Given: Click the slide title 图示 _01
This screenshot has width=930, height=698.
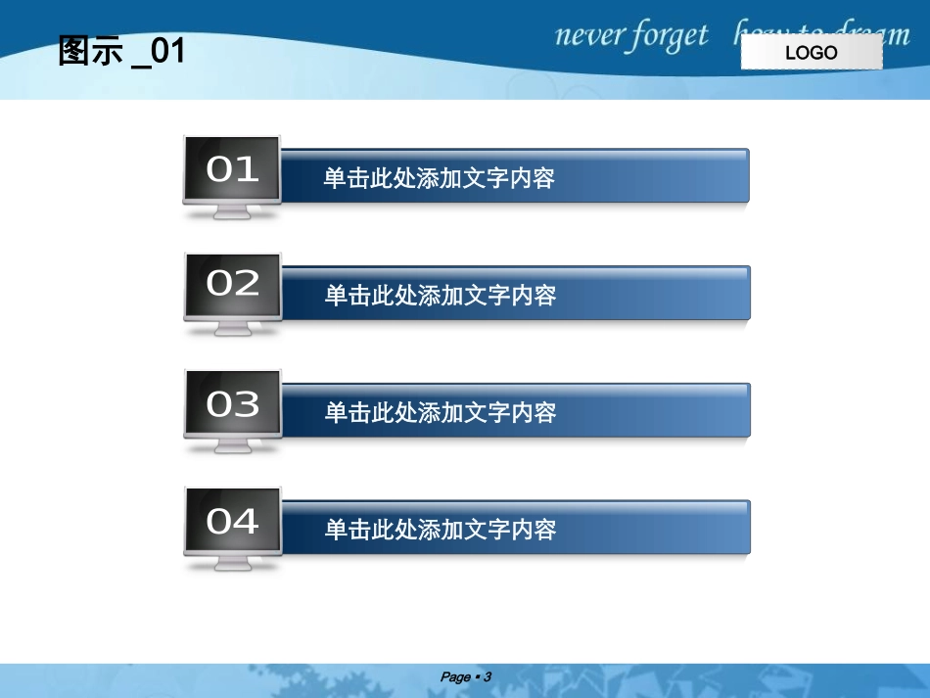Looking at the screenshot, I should (121, 51).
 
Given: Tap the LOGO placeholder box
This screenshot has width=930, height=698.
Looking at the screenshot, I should (812, 53).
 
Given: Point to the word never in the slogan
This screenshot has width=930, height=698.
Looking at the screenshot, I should (590, 36).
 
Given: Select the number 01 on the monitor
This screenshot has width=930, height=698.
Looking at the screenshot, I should (232, 169).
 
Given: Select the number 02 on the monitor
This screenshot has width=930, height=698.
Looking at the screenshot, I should (233, 283).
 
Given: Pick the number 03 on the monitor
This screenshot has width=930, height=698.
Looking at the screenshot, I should (233, 403).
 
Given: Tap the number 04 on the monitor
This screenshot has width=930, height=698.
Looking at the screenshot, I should (233, 521).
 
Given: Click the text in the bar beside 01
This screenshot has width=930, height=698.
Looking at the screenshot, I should (440, 178).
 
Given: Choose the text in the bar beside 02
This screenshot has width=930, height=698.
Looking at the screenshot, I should (440, 296).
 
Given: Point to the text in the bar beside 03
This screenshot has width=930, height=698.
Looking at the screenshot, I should (440, 412).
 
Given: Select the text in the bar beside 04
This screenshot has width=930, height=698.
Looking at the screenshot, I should (440, 530).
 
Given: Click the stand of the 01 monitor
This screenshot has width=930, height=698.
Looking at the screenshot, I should (232, 211).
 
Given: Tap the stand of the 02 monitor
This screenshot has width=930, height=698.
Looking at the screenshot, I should (233, 328).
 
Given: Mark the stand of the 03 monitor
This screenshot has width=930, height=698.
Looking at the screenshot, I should (233, 445).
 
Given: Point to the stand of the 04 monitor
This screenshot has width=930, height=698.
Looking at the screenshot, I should (233, 563).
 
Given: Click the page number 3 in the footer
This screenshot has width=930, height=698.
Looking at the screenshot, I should (487, 676).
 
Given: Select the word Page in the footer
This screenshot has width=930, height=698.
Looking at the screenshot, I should (455, 676).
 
